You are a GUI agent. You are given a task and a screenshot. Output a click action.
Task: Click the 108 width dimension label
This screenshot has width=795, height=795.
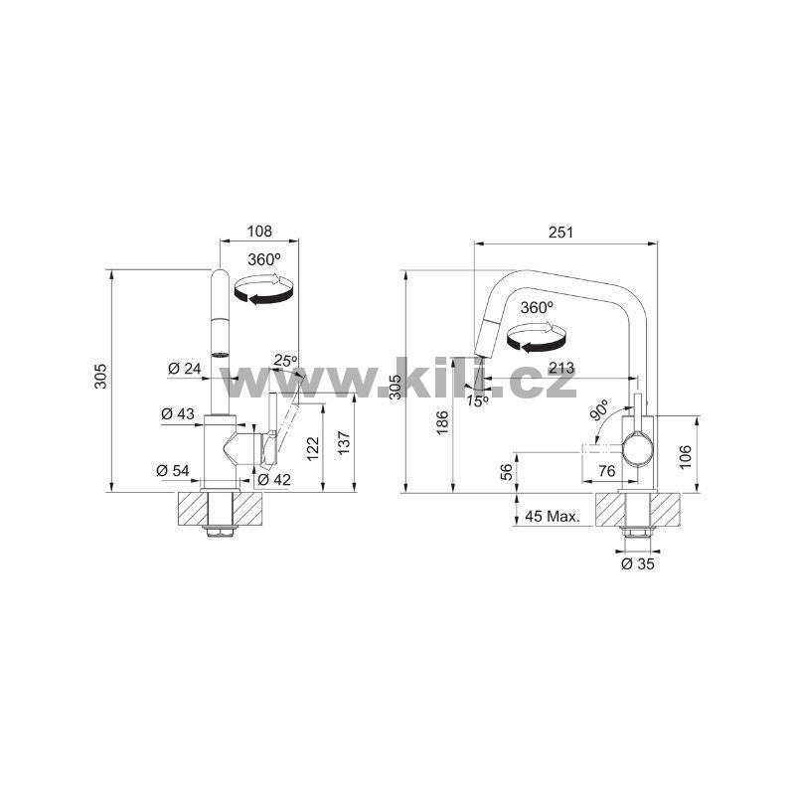coord(259,232)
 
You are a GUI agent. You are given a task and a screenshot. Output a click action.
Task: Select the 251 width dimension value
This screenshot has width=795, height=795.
coord(560,233)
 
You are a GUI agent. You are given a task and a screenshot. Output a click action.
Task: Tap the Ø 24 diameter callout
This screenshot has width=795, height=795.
coord(185,368)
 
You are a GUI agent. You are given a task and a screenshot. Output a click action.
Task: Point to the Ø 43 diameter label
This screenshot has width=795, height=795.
coord(178,413)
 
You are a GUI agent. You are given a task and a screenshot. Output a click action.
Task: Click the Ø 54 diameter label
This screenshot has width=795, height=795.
coord(173,470)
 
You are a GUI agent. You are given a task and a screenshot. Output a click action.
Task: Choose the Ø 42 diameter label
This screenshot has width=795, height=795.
coord(274,479)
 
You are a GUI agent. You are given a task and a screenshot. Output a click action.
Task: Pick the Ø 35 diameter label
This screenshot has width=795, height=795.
coord(638,563)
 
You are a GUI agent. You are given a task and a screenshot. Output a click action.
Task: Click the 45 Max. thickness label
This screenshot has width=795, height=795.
coord(553,517)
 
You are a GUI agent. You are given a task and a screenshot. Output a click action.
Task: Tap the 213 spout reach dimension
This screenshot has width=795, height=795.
coord(561,368)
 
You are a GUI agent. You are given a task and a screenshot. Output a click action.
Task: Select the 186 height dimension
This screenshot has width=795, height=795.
coord(442,422)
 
